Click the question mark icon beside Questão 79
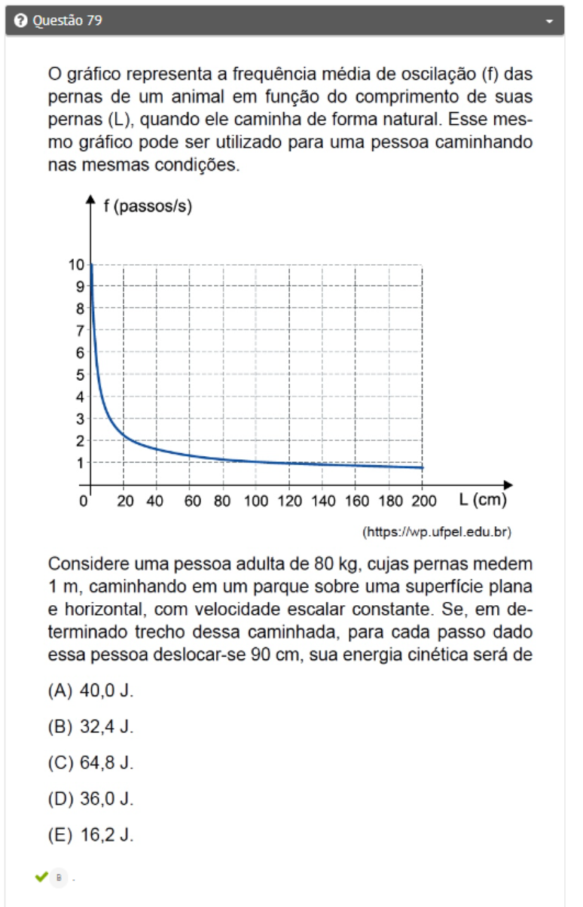click(x=21, y=21)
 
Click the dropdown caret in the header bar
click(x=550, y=21)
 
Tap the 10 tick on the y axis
click(x=76, y=264)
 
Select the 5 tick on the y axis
click(x=80, y=374)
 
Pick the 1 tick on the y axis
click(x=80, y=462)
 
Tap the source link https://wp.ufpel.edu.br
click(x=437, y=532)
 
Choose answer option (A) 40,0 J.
click(x=90, y=691)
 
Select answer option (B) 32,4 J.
click(x=90, y=727)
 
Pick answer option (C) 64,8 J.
click(x=90, y=762)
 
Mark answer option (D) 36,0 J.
click(x=90, y=799)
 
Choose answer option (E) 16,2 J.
click(x=90, y=835)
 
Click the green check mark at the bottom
click(x=41, y=877)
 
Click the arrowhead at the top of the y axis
click(x=90, y=199)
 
